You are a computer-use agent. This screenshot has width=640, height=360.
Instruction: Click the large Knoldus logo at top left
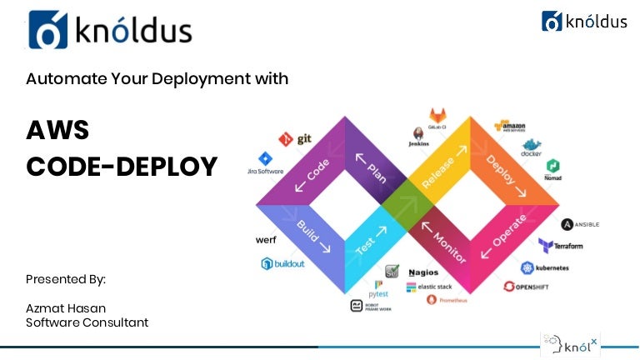point(109,30)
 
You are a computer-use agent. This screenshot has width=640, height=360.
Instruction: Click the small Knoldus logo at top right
point(584,21)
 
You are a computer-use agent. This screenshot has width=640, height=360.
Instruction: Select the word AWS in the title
point(57,130)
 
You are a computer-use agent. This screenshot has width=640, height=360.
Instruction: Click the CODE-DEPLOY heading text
point(122,166)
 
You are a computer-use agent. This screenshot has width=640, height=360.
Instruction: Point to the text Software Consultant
point(87,322)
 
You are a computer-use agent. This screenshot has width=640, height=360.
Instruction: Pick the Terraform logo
point(560,246)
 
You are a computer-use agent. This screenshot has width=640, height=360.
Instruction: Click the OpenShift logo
point(533,287)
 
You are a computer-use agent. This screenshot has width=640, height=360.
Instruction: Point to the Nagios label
point(429,272)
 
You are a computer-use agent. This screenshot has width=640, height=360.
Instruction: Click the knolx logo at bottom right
point(570,344)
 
